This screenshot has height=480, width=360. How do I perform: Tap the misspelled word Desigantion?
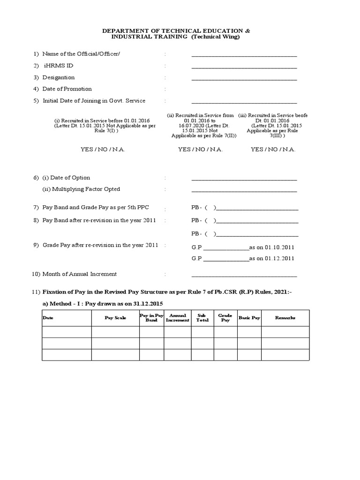pos(59,77)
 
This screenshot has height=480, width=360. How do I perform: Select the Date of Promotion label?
pos(67,89)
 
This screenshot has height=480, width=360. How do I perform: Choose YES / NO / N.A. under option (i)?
pos(103,150)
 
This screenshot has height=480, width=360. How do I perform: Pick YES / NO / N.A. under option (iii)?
pos(273,150)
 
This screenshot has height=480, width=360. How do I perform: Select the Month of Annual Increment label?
pos(80,274)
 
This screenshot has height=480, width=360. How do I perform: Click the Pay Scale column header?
pos(115,318)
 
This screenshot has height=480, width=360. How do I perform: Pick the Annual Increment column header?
pos(178,318)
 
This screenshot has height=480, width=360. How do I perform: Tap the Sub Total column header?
pos(202,318)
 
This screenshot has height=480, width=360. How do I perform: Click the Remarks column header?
pos(285,318)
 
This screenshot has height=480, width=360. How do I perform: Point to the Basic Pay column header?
pos(249,318)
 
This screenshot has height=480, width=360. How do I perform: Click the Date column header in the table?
pos(48,318)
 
